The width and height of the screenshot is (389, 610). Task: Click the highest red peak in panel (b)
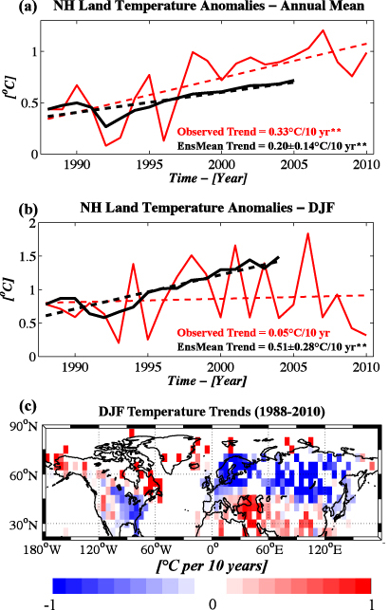[x=308, y=233]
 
